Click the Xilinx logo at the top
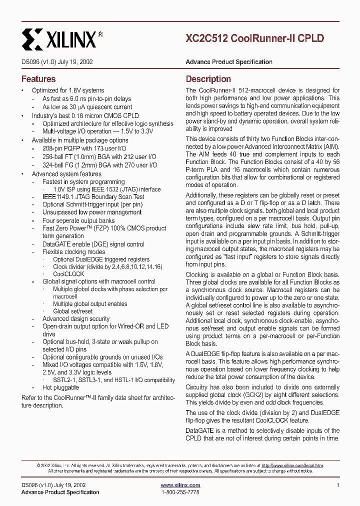click(x=62, y=38)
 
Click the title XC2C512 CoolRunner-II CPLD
click(x=254, y=38)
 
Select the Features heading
click(x=38, y=79)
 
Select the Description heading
click(x=208, y=79)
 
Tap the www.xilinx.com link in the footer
click(x=180, y=485)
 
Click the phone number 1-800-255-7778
click(x=180, y=492)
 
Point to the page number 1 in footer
click(x=338, y=485)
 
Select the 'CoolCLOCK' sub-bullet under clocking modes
click(x=68, y=274)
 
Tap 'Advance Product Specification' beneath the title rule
click(x=229, y=62)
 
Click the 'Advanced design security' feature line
click(x=76, y=318)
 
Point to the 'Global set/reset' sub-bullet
click(x=73, y=311)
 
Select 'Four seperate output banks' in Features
click(x=78, y=220)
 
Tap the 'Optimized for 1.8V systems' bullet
click(x=68, y=90)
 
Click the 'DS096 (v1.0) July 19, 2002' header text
click(x=56, y=62)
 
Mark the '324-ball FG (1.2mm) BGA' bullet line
click(x=99, y=165)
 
